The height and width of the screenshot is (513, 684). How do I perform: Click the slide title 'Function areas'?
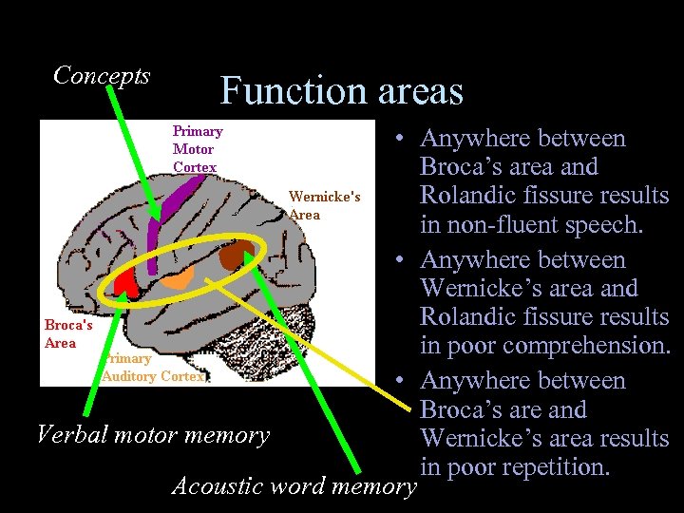[x=341, y=91]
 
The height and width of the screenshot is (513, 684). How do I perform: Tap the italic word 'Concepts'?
[x=102, y=75]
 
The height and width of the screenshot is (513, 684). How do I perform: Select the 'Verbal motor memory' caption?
[x=152, y=435]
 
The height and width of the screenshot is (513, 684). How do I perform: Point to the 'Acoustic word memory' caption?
[x=294, y=486]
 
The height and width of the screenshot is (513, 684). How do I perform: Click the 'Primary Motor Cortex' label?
[x=197, y=149]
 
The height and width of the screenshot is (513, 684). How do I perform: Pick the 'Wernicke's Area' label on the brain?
[x=324, y=205]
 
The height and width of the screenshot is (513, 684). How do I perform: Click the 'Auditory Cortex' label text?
[x=153, y=376]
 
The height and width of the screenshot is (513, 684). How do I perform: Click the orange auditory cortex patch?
[x=177, y=276]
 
